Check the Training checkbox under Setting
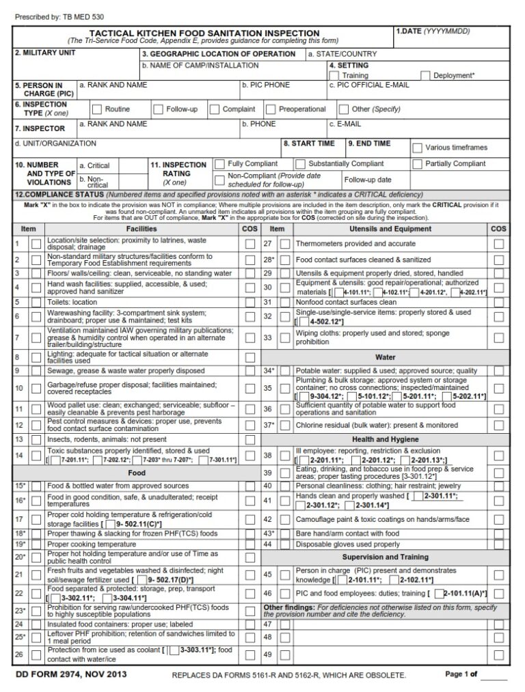coord(334,75)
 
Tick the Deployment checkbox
coord(425,75)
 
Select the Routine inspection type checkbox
coord(97,109)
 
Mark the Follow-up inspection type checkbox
coord(159,109)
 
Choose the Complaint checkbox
coord(215,109)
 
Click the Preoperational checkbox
coord(271,109)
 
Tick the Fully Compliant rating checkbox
coord(219,164)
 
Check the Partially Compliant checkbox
coord(417,164)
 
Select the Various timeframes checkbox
coord(417,148)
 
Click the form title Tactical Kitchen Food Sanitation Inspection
coord(204,33)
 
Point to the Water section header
coord(386,357)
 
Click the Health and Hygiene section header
coord(386,439)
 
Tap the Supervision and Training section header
coord(386,557)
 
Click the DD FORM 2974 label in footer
coord(70,675)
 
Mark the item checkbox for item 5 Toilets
coord(36,302)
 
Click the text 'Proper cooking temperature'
coord(91,544)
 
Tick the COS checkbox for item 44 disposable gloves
coord(499,544)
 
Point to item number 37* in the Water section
coord(269,425)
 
